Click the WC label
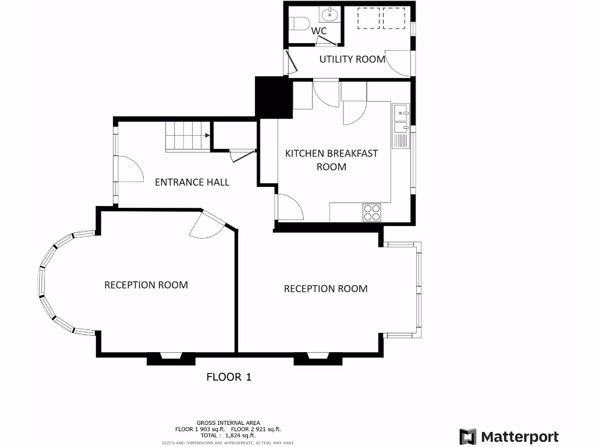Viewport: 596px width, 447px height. pyautogui.click(x=319, y=30)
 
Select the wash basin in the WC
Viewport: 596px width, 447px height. pyautogui.click(x=330, y=15)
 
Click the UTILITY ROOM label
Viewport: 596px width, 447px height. pyautogui.click(x=352, y=59)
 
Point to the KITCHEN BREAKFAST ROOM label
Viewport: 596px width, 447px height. pyautogui.click(x=331, y=160)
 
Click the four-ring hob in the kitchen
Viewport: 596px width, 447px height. pyautogui.click(x=372, y=212)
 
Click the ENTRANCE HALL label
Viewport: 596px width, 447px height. pyautogui.click(x=192, y=182)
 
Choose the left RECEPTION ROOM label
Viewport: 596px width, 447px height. pyautogui.click(x=146, y=285)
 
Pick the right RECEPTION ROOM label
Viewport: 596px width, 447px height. pyautogui.click(x=325, y=289)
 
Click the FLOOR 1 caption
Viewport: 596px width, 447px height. pyautogui.click(x=229, y=377)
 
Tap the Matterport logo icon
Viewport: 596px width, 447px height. pyautogui.click(x=467, y=437)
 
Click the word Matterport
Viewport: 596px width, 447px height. pyautogui.click(x=520, y=437)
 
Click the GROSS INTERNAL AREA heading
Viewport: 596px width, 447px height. pyautogui.click(x=228, y=423)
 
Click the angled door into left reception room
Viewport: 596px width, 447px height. pyautogui.click(x=210, y=225)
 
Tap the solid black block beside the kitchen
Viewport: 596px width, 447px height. pyautogui.click(x=273, y=97)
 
